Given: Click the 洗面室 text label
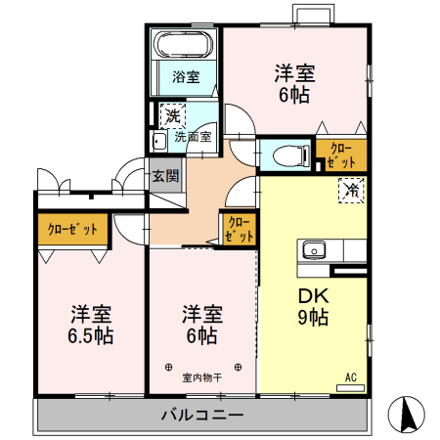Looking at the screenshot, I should point(193,138).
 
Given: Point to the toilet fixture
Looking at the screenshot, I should point(284,154).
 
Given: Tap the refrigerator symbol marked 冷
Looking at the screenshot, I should point(349,191).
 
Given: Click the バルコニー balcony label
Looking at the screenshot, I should point(201,416).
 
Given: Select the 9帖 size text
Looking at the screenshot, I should point(312,317).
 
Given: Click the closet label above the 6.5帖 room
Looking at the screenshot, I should point(72,229).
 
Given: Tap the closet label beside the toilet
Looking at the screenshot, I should point(341,155).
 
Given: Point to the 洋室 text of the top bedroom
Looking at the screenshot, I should point(293,71).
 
